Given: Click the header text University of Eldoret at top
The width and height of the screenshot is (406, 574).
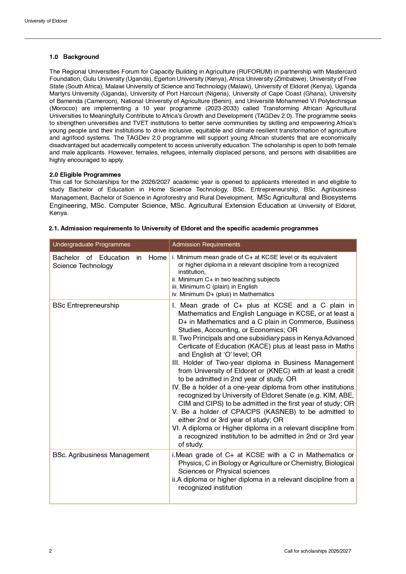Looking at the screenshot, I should click(46, 21).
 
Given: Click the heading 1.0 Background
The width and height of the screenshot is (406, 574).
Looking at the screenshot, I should click(74, 57).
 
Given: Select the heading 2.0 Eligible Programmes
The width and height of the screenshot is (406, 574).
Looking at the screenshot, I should click(85, 174).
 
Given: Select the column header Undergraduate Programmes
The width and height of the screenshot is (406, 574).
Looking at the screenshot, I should click(91, 244).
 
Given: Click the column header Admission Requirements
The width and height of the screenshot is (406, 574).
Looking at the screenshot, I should click(206, 244).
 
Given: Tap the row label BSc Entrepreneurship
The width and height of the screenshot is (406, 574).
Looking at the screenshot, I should click(86, 305).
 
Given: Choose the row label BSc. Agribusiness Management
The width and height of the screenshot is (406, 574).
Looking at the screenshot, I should click(101, 455).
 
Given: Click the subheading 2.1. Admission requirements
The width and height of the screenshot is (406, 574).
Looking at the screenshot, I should click(184, 228).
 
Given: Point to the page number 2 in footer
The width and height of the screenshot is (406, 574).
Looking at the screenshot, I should click(50, 551).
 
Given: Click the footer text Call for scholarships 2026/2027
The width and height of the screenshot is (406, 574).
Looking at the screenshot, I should click(317, 551).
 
